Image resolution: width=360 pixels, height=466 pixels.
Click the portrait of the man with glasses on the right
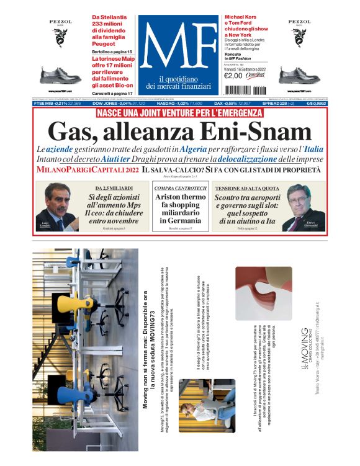click(x=304, y=208)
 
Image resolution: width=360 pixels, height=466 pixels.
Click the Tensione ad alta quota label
click(x=245, y=187)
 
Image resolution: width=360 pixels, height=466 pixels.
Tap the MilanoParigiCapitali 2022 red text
click(x=86, y=169)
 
